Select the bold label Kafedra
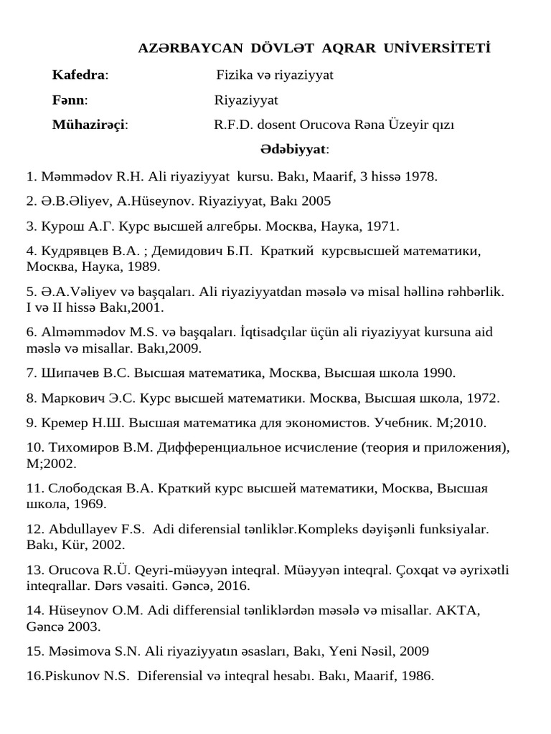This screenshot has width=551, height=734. [79, 75]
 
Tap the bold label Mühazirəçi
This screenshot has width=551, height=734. [89, 125]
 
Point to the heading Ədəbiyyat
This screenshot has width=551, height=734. [294, 150]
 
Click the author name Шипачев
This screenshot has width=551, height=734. [69, 373]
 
